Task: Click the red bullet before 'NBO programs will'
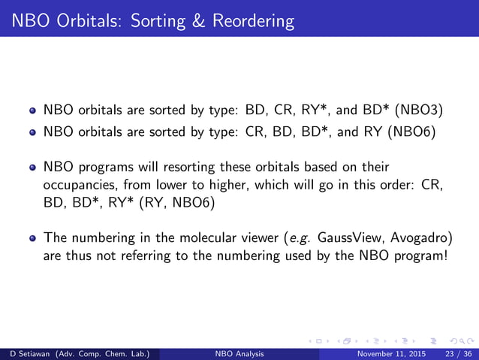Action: [32, 167]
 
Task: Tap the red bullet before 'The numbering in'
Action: [32, 239]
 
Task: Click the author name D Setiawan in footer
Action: [26, 352]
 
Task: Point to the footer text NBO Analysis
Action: [239, 352]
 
